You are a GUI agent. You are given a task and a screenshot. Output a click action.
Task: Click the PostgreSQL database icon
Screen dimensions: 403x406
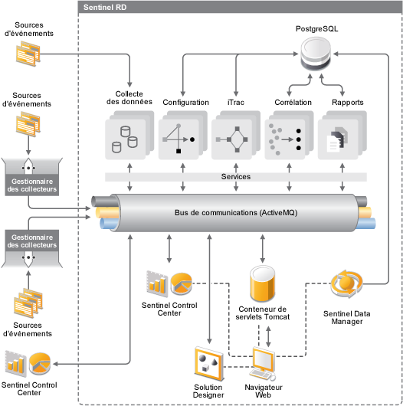click(x=316, y=54)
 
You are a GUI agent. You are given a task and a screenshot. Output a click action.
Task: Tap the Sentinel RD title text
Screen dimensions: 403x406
click(x=105, y=7)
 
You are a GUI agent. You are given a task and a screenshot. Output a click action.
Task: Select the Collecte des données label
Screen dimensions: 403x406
click(x=129, y=97)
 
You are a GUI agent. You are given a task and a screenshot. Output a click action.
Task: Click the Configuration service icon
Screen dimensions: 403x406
click(x=182, y=135)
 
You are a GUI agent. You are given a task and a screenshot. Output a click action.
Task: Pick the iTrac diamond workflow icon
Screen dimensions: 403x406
click(x=236, y=135)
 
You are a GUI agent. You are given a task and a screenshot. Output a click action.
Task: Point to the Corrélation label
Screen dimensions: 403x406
click(x=293, y=103)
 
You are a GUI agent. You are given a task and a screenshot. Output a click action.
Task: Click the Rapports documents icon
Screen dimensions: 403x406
click(x=342, y=135)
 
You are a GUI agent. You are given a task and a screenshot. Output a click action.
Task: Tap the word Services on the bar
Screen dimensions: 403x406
click(x=236, y=177)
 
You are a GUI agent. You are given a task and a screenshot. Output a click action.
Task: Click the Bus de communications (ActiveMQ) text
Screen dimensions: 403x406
click(x=236, y=213)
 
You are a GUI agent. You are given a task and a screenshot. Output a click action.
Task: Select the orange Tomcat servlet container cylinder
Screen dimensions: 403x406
click(x=262, y=283)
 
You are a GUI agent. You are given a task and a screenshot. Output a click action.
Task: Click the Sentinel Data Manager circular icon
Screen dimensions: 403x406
click(x=346, y=283)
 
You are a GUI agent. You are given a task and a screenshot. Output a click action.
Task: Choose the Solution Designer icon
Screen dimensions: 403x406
click(x=208, y=363)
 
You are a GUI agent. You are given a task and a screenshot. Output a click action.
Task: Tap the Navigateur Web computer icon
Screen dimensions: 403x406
click(x=263, y=364)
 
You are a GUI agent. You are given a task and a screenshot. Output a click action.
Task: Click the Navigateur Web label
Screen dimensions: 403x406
click(x=264, y=391)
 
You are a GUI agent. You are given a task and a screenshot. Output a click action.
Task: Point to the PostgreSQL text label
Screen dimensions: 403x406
click(x=316, y=28)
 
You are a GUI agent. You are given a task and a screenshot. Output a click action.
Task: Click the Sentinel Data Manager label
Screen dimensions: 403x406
click(x=347, y=317)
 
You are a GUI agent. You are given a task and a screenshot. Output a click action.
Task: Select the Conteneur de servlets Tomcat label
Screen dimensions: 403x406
click(x=262, y=313)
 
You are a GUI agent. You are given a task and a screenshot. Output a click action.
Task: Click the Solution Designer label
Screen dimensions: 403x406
click(x=208, y=391)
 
